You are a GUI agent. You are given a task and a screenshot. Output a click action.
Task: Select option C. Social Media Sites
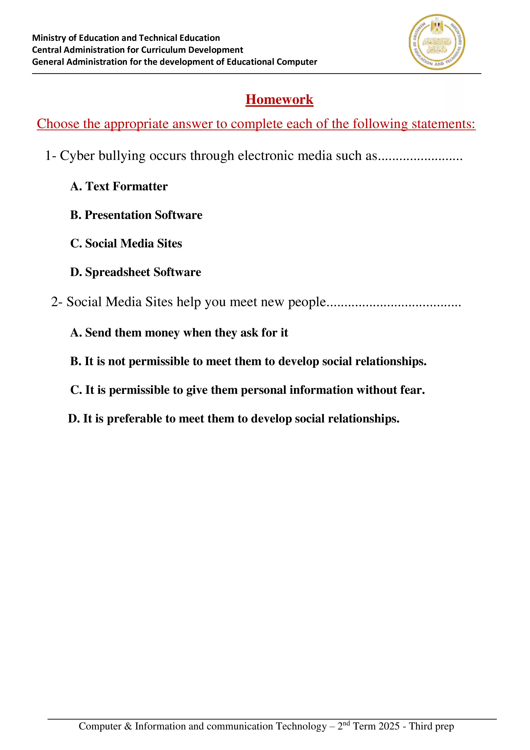click(x=126, y=243)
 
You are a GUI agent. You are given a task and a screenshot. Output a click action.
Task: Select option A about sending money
click(x=179, y=332)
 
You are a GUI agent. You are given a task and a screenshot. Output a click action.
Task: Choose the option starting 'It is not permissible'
click(x=248, y=361)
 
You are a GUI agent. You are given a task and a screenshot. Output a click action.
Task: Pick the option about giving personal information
click(x=247, y=390)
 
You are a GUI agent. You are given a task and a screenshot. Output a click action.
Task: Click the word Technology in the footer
click(x=301, y=726)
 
